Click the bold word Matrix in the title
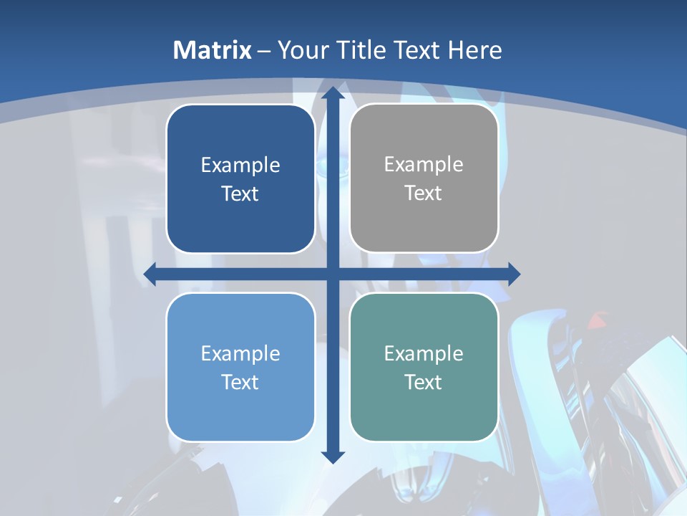(213, 50)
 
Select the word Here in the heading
(475, 50)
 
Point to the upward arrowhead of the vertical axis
(333, 93)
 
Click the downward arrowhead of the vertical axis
(333, 457)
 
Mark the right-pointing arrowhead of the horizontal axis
(514, 274)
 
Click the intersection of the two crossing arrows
(333, 274)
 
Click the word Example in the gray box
(424, 165)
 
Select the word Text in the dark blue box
(240, 194)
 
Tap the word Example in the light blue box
(240, 353)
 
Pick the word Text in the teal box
(424, 382)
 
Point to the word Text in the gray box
(424, 193)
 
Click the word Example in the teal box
(424, 353)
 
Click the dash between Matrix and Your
(264, 51)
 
